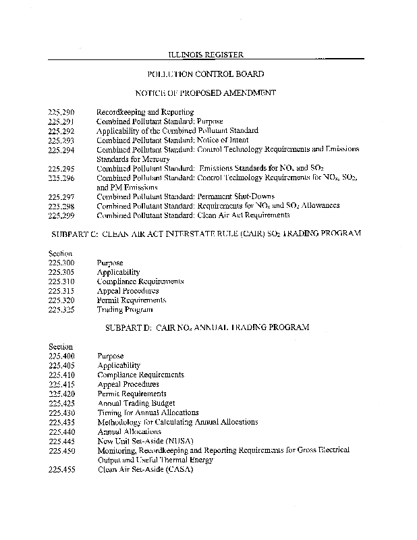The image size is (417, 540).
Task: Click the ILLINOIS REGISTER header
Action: click(x=205, y=53)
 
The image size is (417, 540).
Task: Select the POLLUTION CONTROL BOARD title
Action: click(x=205, y=73)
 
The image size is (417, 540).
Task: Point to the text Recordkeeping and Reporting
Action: click(x=145, y=111)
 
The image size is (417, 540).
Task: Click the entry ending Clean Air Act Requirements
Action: click(x=193, y=215)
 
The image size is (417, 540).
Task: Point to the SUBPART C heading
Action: click(x=206, y=233)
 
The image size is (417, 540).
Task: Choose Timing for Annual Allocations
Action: click(x=148, y=412)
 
